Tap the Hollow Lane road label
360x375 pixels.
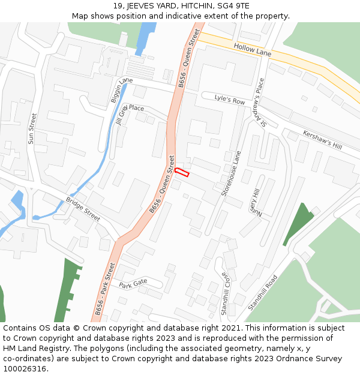pos(253,50)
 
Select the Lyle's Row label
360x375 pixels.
pos(230,100)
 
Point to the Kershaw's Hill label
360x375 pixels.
pos(322,140)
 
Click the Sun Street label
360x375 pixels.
pos(32,128)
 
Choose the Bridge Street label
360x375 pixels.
pos(83,209)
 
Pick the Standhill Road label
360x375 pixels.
pos(263,292)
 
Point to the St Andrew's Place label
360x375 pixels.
pos(261,103)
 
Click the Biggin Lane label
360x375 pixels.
pos(122,89)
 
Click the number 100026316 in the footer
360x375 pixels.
pos(25,369)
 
